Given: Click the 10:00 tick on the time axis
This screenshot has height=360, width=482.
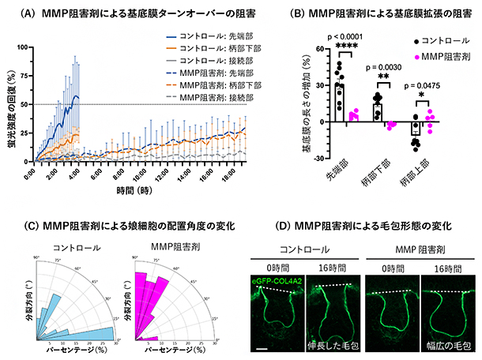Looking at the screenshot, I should [141, 176].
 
